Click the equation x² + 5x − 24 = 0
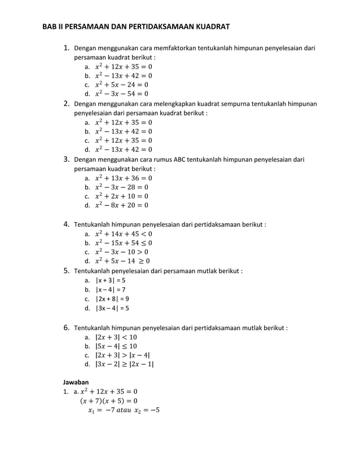121,85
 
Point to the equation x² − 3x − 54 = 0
121,94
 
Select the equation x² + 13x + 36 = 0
123,178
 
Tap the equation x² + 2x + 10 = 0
121,196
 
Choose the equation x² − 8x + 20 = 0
121,205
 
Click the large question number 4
66,224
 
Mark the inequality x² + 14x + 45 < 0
123,234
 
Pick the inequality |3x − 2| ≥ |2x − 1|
124,364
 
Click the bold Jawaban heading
76,382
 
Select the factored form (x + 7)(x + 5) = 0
108,401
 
